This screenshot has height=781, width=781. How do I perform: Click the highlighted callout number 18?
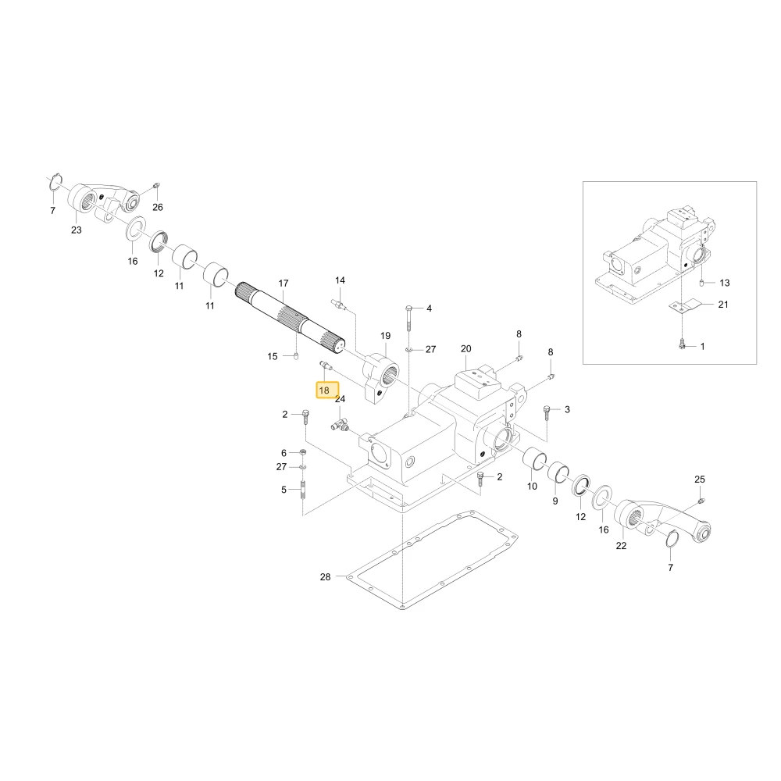click(x=324, y=390)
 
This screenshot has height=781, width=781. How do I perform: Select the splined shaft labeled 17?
click(x=290, y=318)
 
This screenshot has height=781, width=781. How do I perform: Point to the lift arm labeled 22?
click(x=663, y=522)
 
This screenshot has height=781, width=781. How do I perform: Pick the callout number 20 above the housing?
click(x=465, y=348)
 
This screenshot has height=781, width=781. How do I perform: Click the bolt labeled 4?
click(x=408, y=317)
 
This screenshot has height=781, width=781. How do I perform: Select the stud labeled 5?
click(x=302, y=492)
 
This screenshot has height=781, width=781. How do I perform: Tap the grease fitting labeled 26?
click(x=156, y=187)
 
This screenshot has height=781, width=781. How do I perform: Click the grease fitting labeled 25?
click(x=701, y=500)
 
